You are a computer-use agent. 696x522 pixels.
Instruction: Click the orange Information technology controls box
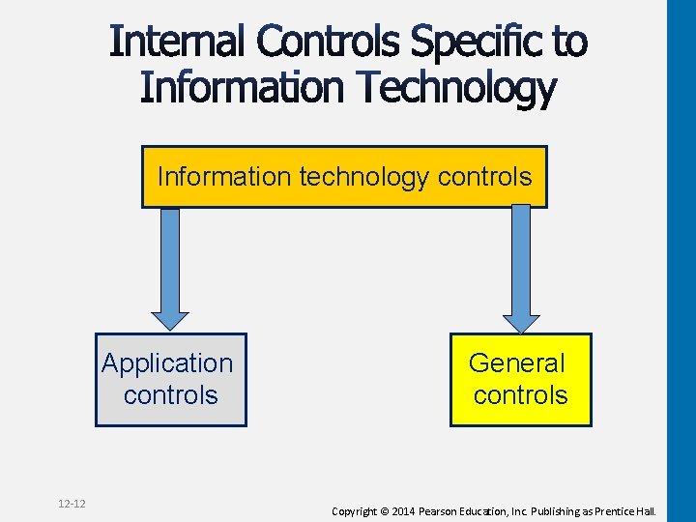[344, 177]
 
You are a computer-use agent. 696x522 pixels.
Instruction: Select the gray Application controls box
[171, 380]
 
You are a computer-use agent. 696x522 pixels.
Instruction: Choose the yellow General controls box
[520, 380]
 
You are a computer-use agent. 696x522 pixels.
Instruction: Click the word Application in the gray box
[167, 363]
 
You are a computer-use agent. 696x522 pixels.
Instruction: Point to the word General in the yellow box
[516, 363]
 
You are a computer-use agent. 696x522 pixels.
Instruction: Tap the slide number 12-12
[72, 504]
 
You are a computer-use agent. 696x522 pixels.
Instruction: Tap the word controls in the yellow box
[520, 395]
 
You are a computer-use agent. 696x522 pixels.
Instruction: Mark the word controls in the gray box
[171, 395]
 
